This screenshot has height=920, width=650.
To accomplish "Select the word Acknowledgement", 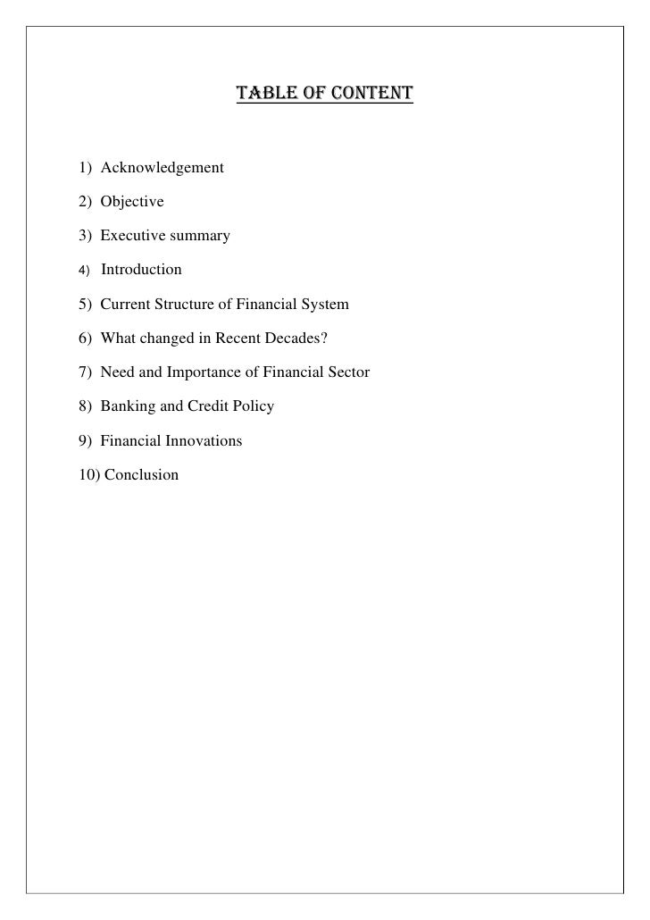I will tap(162, 168).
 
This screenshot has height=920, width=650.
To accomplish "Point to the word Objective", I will tap(132, 202).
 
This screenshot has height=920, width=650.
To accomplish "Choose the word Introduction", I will tap(141, 270).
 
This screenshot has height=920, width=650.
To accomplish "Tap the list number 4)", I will tap(85, 270).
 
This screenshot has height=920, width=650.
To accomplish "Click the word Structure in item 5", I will tap(184, 305).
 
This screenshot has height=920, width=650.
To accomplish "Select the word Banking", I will tap(127, 406).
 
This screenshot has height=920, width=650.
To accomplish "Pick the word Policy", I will tap(254, 406).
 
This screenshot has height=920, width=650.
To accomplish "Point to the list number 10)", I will tap(89, 475).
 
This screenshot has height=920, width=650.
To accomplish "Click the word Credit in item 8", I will tap(208, 406).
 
